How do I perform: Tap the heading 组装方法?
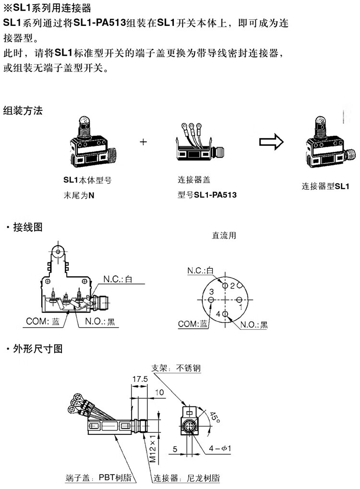(23, 111)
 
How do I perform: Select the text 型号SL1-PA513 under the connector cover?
(207, 195)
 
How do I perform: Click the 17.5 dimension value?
(140, 379)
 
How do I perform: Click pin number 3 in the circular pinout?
(212, 291)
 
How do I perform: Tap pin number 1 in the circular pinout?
(240, 306)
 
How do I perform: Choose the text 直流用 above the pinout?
(224, 236)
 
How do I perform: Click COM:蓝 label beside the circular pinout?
(193, 324)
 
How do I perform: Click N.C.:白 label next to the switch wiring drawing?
(118, 279)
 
